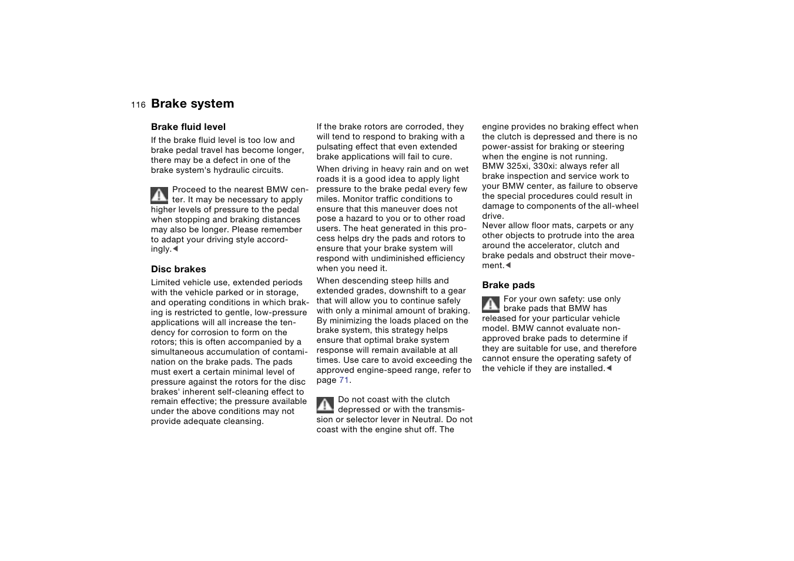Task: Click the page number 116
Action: click(x=138, y=105)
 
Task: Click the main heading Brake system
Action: click(x=192, y=103)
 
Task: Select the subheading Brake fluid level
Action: click(x=188, y=126)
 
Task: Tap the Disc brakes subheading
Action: click(x=178, y=269)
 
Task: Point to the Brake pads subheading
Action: click(x=508, y=285)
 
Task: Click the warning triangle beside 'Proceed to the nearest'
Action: click(x=159, y=195)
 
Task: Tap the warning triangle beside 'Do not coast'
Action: click(x=325, y=405)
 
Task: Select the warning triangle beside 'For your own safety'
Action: click(x=491, y=304)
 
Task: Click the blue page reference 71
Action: click(x=344, y=380)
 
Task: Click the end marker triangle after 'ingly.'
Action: click(x=175, y=249)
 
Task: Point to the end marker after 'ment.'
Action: click(x=508, y=265)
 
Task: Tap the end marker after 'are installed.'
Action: click(x=609, y=368)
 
